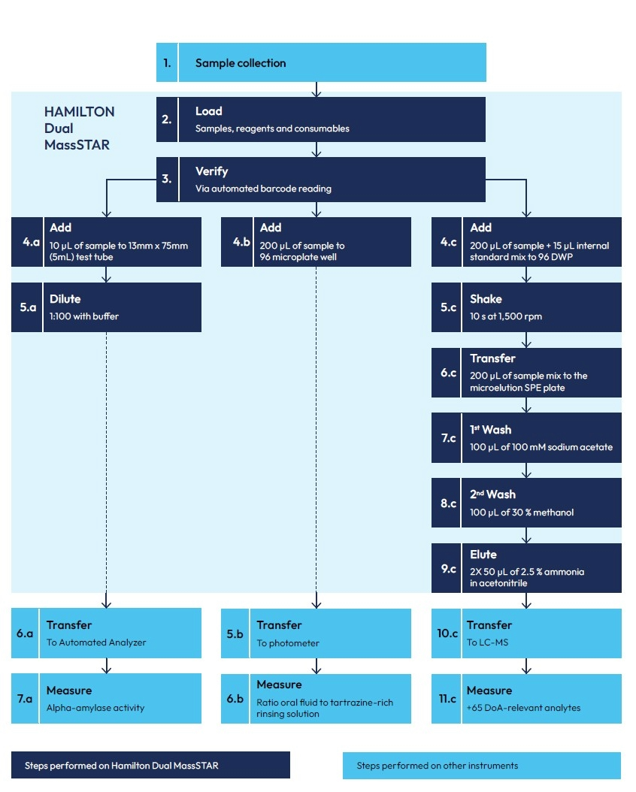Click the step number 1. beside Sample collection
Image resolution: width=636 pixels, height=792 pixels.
pos(166,63)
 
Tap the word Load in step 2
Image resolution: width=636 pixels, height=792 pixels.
pos(208,111)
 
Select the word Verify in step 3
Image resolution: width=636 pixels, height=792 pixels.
pos(211,171)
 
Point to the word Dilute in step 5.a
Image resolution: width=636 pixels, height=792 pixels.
pos(65,299)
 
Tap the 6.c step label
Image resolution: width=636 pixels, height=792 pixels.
pos(448,373)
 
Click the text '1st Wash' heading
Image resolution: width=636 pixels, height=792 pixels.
pos(490,430)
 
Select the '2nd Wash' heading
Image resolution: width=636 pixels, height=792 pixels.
pos(492,494)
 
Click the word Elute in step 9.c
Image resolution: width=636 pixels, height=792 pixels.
pos(483,555)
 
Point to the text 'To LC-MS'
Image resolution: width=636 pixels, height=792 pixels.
pos(487,642)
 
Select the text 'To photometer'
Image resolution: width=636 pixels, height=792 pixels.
pos(288,642)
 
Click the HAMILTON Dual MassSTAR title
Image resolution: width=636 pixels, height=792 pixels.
pos(79,128)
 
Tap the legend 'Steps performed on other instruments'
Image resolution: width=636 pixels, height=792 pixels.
pos(437,766)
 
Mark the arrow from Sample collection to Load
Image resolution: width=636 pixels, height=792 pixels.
pos(316,89)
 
